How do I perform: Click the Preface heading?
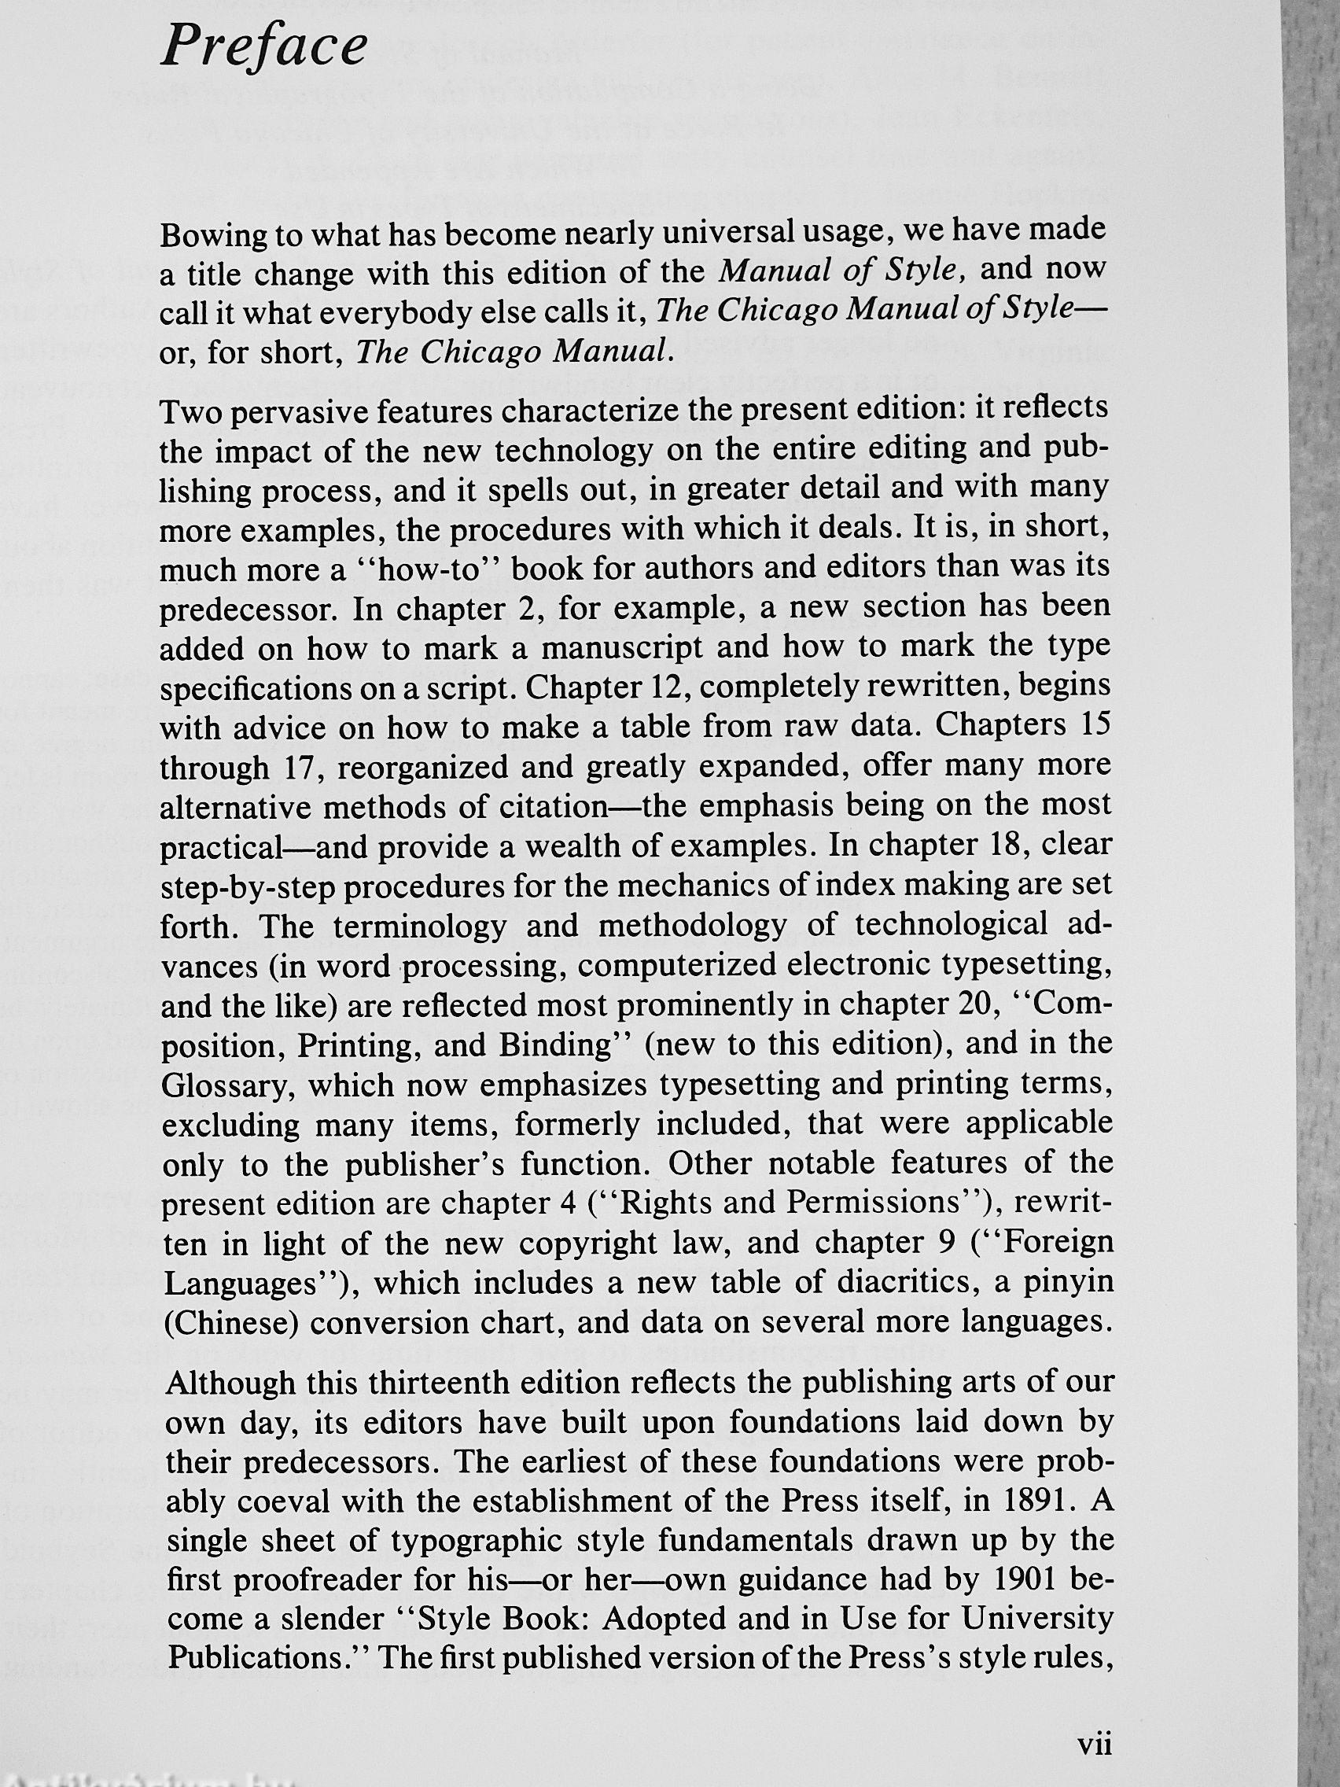264,46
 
